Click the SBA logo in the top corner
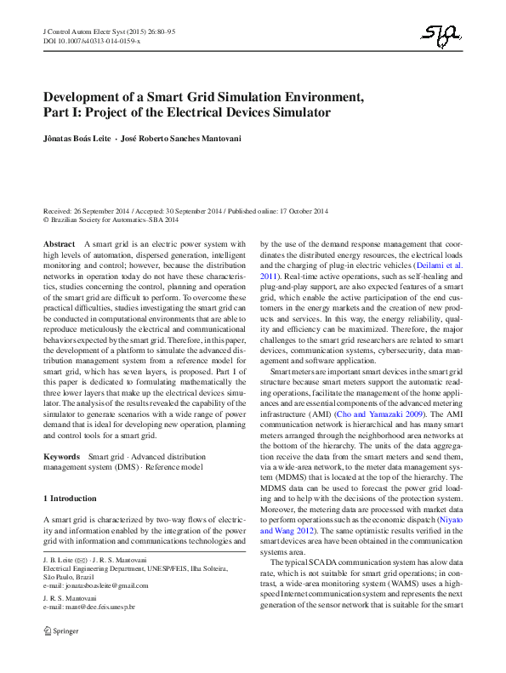tap(441, 35)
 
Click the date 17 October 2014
tap(304, 210)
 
